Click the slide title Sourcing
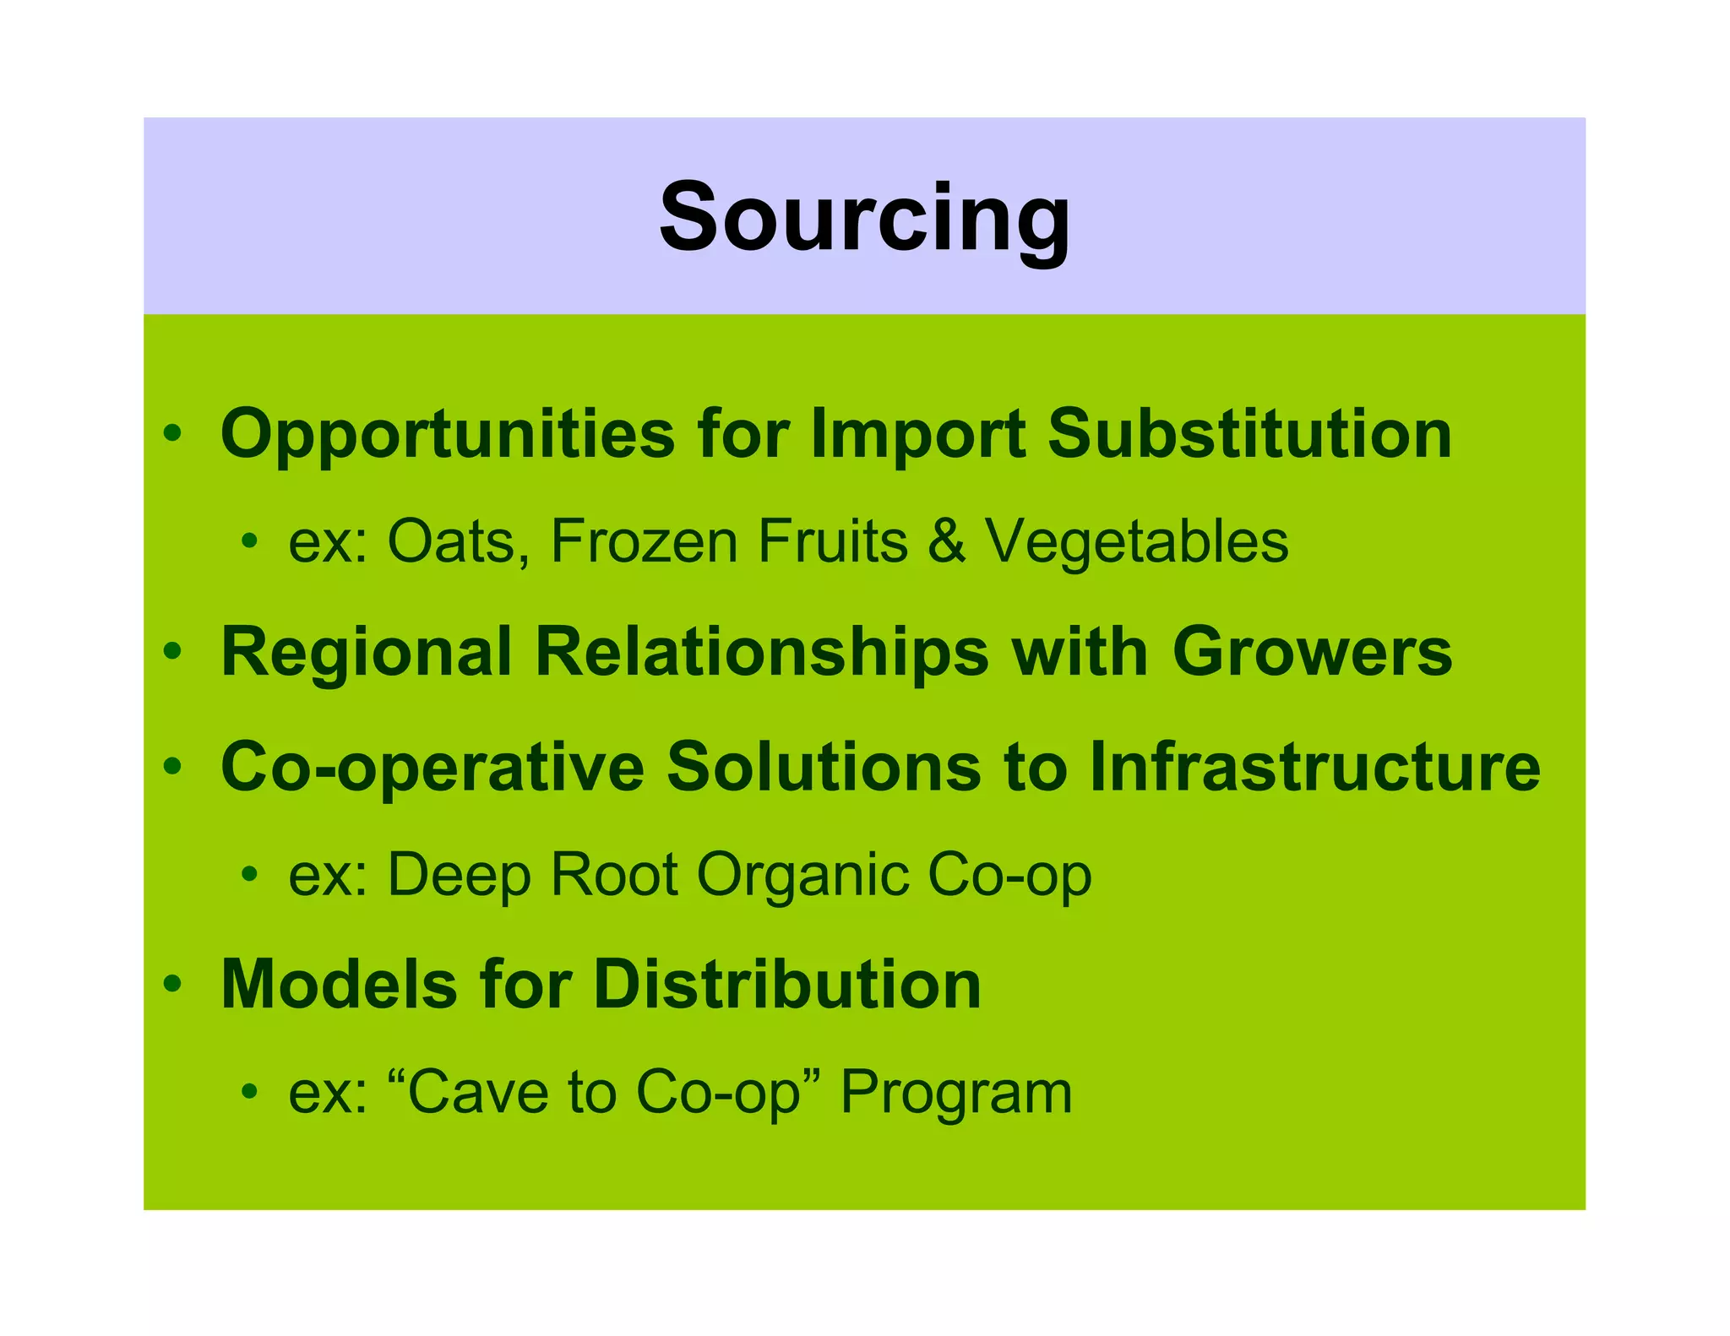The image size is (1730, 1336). (x=864, y=219)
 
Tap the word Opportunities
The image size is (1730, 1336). (x=447, y=434)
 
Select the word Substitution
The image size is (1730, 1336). (x=1249, y=434)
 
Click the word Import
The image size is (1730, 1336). (x=917, y=434)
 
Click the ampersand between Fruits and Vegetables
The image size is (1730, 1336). (x=946, y=541)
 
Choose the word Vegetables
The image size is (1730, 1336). (x=1136, y=541)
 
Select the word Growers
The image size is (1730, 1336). (x=1312, y=652)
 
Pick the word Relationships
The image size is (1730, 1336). (x=762, y=652)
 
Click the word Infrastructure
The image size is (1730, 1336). (x=1314, y=767)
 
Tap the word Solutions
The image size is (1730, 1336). (x=824, y=767)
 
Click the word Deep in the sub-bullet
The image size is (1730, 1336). (x=460, y=875)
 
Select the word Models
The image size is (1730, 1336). (x=338, y=985)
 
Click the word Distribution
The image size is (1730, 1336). (x=787, y=985)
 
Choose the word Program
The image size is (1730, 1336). (x=955, y=1093)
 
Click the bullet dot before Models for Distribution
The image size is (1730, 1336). (x=173, y=984)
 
